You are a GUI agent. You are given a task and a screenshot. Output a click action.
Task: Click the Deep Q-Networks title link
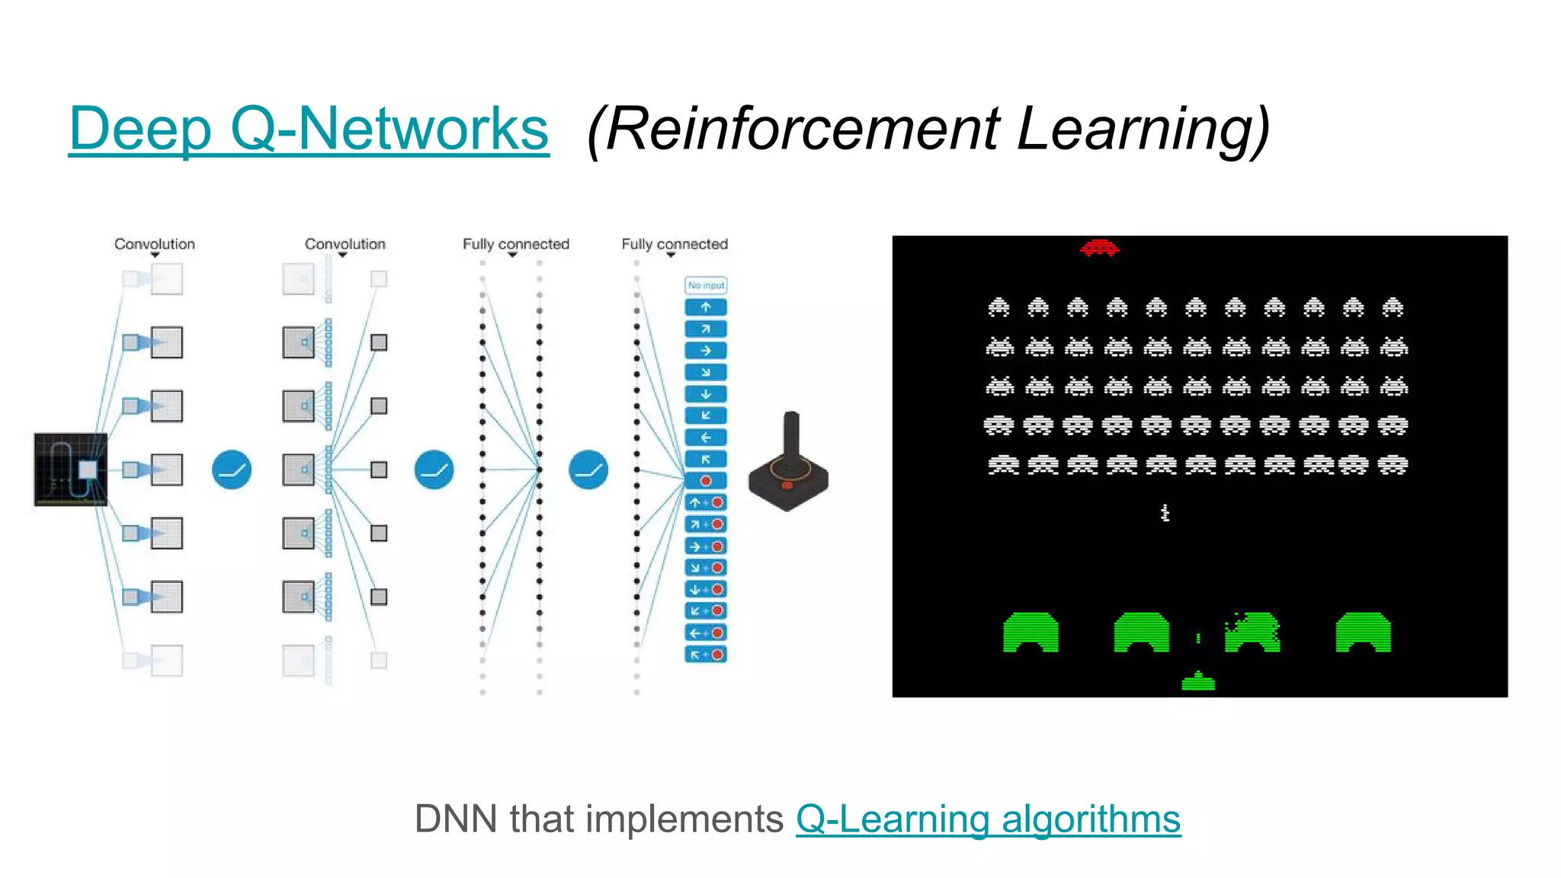click(308, 129)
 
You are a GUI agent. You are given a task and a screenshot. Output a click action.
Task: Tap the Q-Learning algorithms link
click(988, 820)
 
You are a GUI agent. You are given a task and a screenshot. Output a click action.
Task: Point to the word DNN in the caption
click(457, 820)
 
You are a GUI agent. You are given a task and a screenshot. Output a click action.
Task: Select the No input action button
click(706, 286)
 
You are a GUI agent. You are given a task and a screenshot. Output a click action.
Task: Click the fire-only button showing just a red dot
click(706, 481)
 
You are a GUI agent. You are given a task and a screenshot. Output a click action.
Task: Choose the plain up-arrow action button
click(706, 307)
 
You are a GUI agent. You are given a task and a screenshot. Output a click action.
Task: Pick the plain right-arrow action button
click(706, 351)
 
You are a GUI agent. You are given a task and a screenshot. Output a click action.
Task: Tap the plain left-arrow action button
click(706, 437)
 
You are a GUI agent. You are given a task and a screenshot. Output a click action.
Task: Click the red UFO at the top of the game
click(1099, 248)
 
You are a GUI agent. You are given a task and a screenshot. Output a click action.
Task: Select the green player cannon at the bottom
click(1197, 681)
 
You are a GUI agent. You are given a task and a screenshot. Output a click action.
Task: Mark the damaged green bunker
click(1252, 633)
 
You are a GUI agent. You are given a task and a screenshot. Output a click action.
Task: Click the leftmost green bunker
click(1031, 633)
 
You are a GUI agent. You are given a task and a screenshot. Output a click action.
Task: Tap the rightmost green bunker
click(1363, 633)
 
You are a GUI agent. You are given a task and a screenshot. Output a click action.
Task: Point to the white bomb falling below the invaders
click(1165, 513)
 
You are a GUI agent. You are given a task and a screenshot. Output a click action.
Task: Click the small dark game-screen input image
click(70, 469)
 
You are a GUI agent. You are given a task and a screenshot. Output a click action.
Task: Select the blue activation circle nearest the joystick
click(588, 469)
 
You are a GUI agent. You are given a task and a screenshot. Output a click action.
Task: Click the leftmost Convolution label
click(155, 244)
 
